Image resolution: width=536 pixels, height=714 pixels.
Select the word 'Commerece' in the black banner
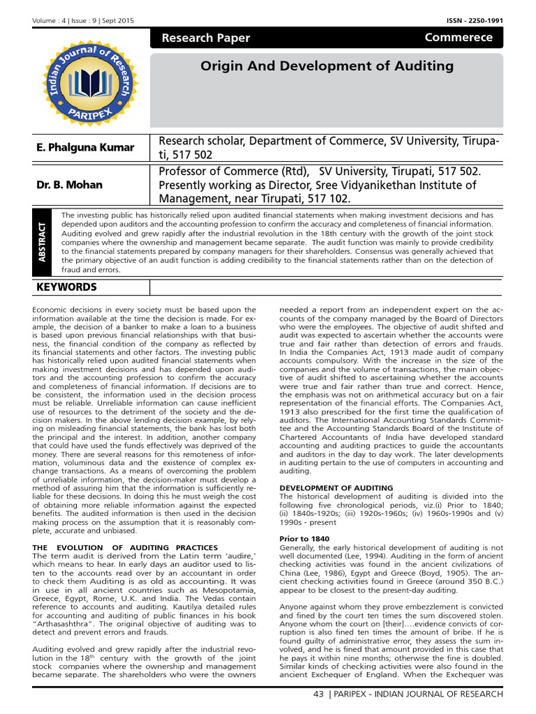pos(458,38)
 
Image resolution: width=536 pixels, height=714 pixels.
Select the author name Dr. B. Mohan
pos(69,185)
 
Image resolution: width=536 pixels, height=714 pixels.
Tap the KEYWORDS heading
pos(66,287)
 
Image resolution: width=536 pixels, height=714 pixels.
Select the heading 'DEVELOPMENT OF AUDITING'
pos(336,487)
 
